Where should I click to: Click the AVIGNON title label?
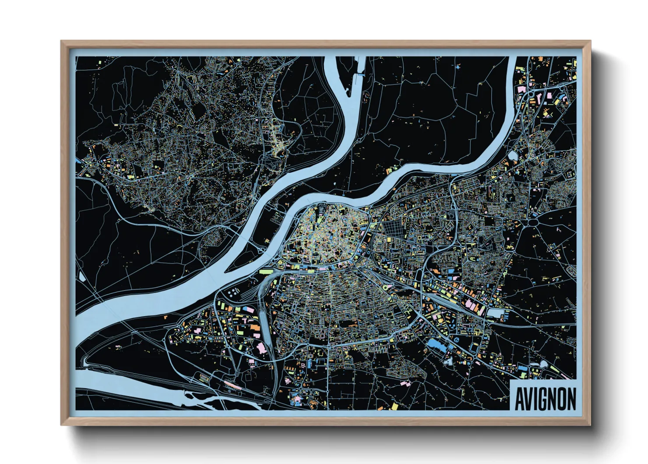[x=545, y=399]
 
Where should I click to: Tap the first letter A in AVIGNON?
[x=520, y=399]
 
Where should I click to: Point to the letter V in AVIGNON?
[x=529, y=399]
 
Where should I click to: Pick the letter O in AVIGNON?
[x=562, y=399]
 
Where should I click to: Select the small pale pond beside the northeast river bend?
[x=513, y=155]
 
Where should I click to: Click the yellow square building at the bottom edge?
[x=394, y=406]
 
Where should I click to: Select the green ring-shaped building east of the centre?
[x=385, y=287]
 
